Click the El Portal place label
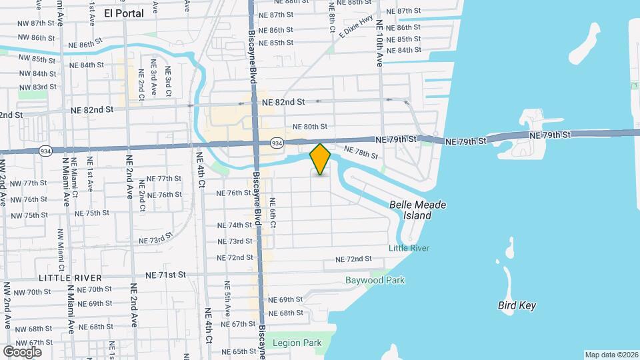coord(124,13)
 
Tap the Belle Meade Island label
coord(417,210)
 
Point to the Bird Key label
coord(517,305)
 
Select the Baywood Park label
coord(375,281)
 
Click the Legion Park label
coord(297,343)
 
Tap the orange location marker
coord(321,159)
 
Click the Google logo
coord(22,351)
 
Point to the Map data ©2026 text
coord(611,355)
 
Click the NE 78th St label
coord(361,153)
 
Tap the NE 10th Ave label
coord(379,44)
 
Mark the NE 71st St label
coord(166,275)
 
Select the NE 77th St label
coord(164,179)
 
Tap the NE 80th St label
coord(310,127)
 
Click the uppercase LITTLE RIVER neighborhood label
coord(70,277)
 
